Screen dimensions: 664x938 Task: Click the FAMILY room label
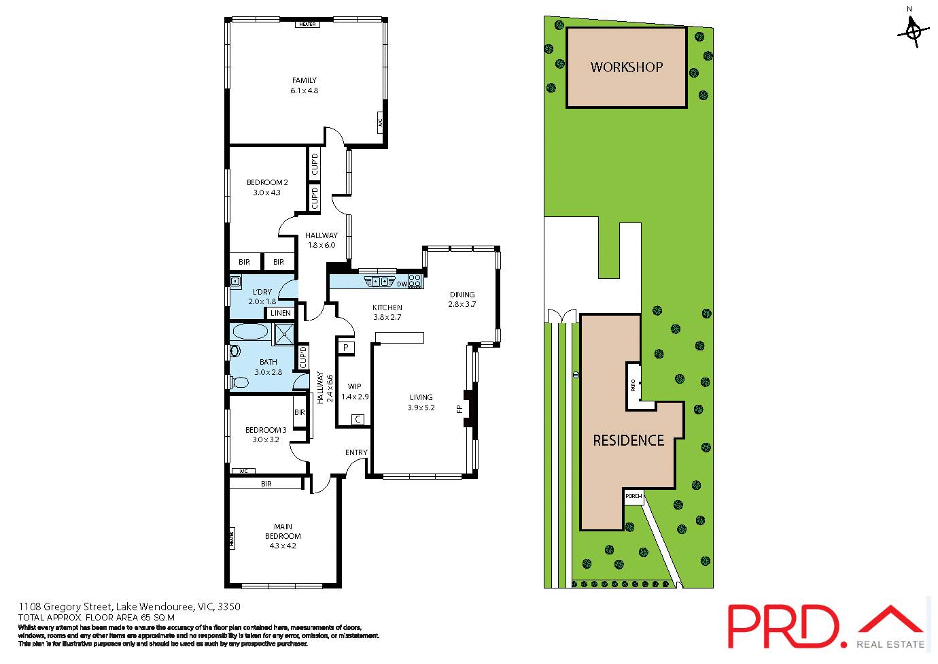click(x=304, y=80)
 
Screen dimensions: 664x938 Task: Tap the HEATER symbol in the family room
click(x=307, y=24)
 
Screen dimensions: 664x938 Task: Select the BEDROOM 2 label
click(x=267, y=182)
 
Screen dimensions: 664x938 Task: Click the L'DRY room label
click(x=262, y=292)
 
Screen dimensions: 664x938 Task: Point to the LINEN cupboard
click(x=280, y=313)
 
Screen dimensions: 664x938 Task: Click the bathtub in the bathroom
click(x=250, y=332)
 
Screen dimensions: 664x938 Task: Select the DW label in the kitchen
click(x=402, y=284)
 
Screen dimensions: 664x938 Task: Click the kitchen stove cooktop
click(x=415, y=280)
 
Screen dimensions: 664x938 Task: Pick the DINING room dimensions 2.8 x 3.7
click(x=462, y=304)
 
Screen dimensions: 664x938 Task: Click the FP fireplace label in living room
click(x=459, y=409)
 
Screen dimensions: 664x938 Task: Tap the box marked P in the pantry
click(x=346, y=348)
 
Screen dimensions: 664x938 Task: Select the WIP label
click(x=354, y=386)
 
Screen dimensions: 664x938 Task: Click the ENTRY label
click(x=356, y=452)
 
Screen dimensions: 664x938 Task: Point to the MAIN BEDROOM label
click(x=283, y=531)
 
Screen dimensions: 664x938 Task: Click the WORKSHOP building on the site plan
click(x=626, y=67)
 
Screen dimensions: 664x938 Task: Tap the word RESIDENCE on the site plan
click(x=628, y=440)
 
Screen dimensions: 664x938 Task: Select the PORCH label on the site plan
click(x=633, y=497)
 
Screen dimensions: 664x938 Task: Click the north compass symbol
click(x=914, y=30)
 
